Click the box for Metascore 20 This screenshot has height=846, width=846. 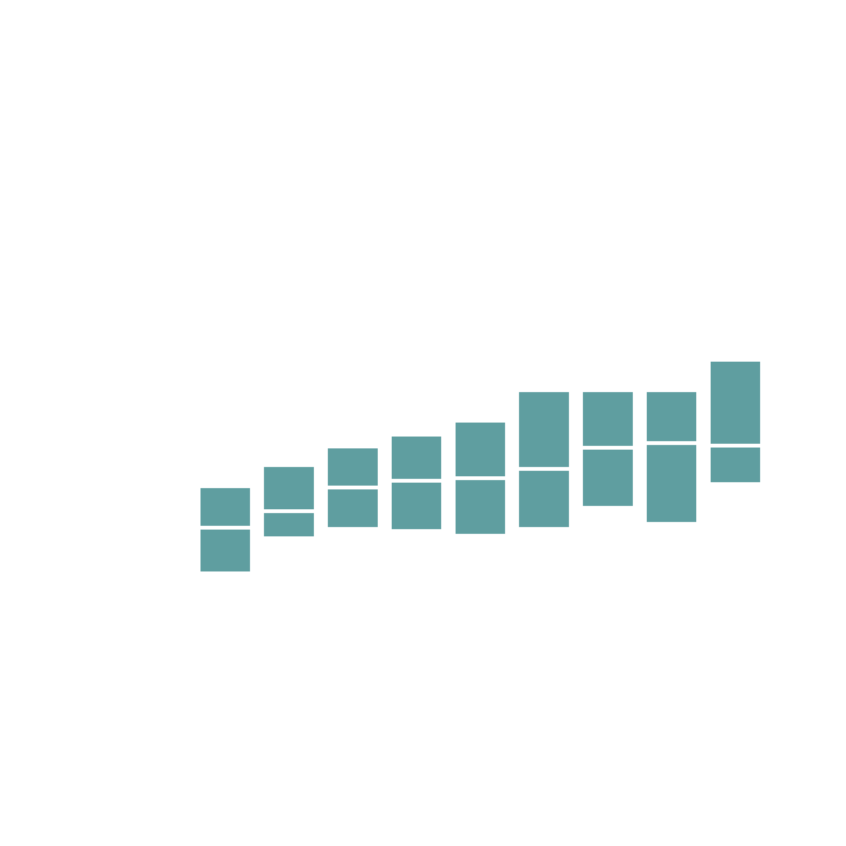tap(225, 530)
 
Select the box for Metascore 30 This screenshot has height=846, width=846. tap(288, 501)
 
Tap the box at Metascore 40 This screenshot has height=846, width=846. tap(352, 487)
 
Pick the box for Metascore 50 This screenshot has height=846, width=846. tap(416, 483)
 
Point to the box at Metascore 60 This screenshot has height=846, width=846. tap(480, 478)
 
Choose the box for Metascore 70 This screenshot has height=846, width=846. tap(544, 459)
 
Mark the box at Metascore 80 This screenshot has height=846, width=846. tap(607, 449)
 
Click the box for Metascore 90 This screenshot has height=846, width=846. tap(671, 457)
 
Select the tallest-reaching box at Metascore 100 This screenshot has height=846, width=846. tap(735, 422)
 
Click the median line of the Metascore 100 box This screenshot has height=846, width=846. tap(735, 445)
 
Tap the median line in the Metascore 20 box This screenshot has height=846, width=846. tap(225, 527)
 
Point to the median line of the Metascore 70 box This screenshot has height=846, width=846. tap(544, 469)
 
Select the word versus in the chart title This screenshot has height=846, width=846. tap(438, 54)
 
